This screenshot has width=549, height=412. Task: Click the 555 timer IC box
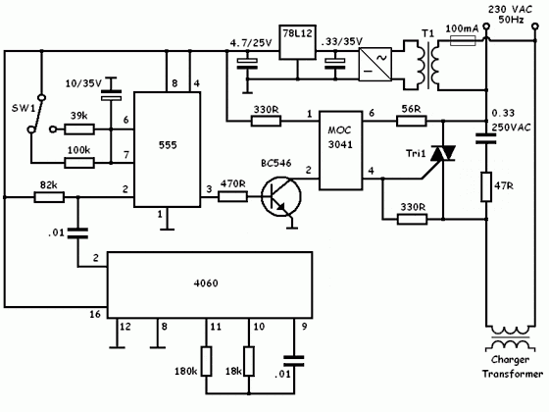pyautogui.click(x=168, y=149)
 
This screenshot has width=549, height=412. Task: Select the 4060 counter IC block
pyautogui.click(x=210, y=284)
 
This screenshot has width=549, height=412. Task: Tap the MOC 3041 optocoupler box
pyautogui.click(x=340, y=151)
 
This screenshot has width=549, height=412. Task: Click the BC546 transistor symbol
pyautogui.click(x=280, y=196)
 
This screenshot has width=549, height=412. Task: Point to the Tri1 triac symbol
pyautogui.click(x=442, y=153)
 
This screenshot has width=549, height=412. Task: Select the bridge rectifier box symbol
pyautogui.click(x=375, y=64)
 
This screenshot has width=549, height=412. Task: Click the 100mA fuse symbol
pyautogui.click(x=463, y=41)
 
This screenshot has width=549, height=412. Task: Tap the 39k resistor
pyautogui.click(x=79, y=129)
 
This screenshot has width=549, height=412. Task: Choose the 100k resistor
pyautogui.click(x=79, y=163)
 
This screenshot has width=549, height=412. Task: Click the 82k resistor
pyautogui.click(x=49, y=197)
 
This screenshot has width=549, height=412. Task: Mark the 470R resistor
pyautogui.click(x=233, y=196)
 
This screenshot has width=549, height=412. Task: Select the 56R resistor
pyautogui.click(x=412, y=122)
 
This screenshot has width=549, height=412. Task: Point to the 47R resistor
pyautogui.click(x=486, y=186)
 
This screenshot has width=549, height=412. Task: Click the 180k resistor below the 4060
pyautogui.click(x=206, y=362)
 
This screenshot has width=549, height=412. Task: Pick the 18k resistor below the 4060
pyautogui.click(x=249, y=362)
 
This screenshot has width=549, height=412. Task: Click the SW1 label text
pyautogui.click(x=24, y=108)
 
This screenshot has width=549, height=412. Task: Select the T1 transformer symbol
pyautogui.click(x=426, y=65)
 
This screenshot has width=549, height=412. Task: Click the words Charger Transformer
pyautogui.click(x=513, y=367)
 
